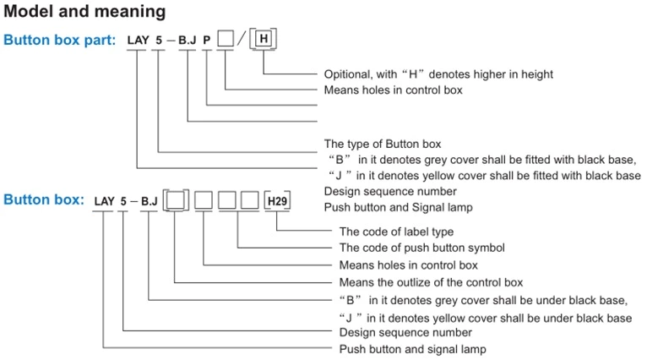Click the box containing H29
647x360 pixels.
pos(277,201)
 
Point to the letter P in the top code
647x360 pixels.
pos(206,40)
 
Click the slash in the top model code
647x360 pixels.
pos(242,40)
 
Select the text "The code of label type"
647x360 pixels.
pos(396,232)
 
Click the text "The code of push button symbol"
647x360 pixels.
pos(421,248)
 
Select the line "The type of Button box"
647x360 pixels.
pos(383,144)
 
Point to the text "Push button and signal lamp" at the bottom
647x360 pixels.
pos(412,349)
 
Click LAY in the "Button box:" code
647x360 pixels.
pos(105,201)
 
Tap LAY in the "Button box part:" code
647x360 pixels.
pos(138,40)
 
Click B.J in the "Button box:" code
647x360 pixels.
pos(149,201)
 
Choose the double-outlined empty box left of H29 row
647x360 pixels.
pos(174,201)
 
